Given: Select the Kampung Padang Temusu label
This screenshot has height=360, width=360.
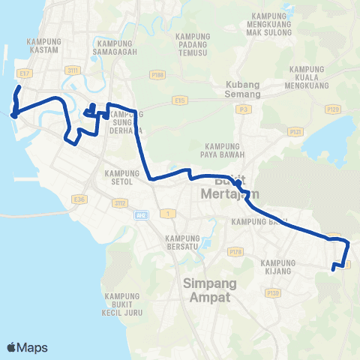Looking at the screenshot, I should coord(196,46).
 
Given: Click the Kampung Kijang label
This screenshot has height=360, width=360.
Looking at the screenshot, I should coord(280,268).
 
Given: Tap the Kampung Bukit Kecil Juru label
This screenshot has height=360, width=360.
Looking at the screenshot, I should coord(124,306).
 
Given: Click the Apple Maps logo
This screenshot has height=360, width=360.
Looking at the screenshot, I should coord(26,347).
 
